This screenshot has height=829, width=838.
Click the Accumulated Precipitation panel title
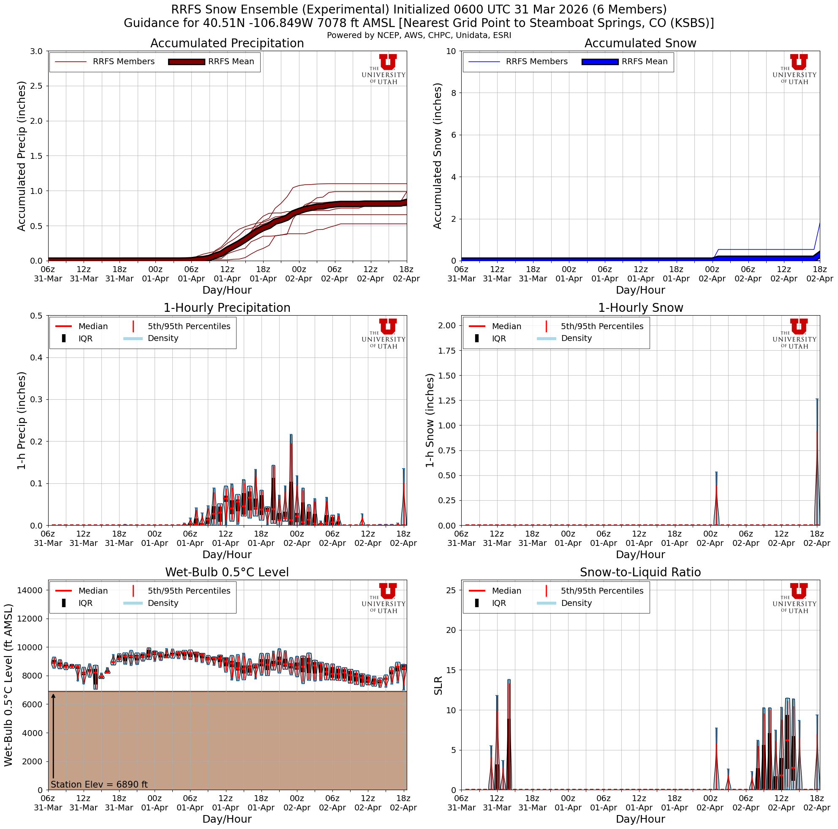[227, 44]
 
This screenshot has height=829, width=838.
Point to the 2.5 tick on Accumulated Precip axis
[36, 86]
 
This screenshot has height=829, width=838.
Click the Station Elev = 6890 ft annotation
[99, 785]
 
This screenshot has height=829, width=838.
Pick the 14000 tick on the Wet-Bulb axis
[30, 590]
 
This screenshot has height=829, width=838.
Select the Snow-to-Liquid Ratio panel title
[640, 573]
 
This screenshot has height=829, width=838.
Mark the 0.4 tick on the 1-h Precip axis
[36, 357]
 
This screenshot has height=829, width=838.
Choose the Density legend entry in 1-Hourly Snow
[576, 338]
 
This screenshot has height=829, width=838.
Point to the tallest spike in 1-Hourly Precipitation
[291, 436]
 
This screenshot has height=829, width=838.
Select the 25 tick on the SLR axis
[450, 590]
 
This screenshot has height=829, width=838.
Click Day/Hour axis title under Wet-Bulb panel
[227, 819]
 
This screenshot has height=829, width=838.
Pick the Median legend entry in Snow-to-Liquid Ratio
[506, 591]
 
